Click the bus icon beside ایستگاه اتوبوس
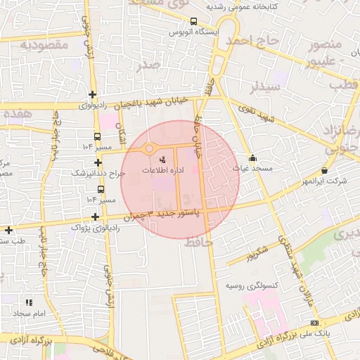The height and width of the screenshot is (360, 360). click(193, 21)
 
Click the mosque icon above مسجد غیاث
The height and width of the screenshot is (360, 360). click(253, 157)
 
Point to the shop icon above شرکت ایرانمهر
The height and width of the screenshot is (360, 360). click(324, 171)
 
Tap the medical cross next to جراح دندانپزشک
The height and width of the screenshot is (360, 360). click(97, 162)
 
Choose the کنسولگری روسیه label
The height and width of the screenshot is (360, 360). click(251, 286)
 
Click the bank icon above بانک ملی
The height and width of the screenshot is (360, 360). click(313, 323)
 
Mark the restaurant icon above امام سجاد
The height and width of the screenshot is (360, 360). click(28, 302)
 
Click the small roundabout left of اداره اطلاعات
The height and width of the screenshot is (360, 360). click(148, 148)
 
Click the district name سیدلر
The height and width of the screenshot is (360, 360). click(265, 87)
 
